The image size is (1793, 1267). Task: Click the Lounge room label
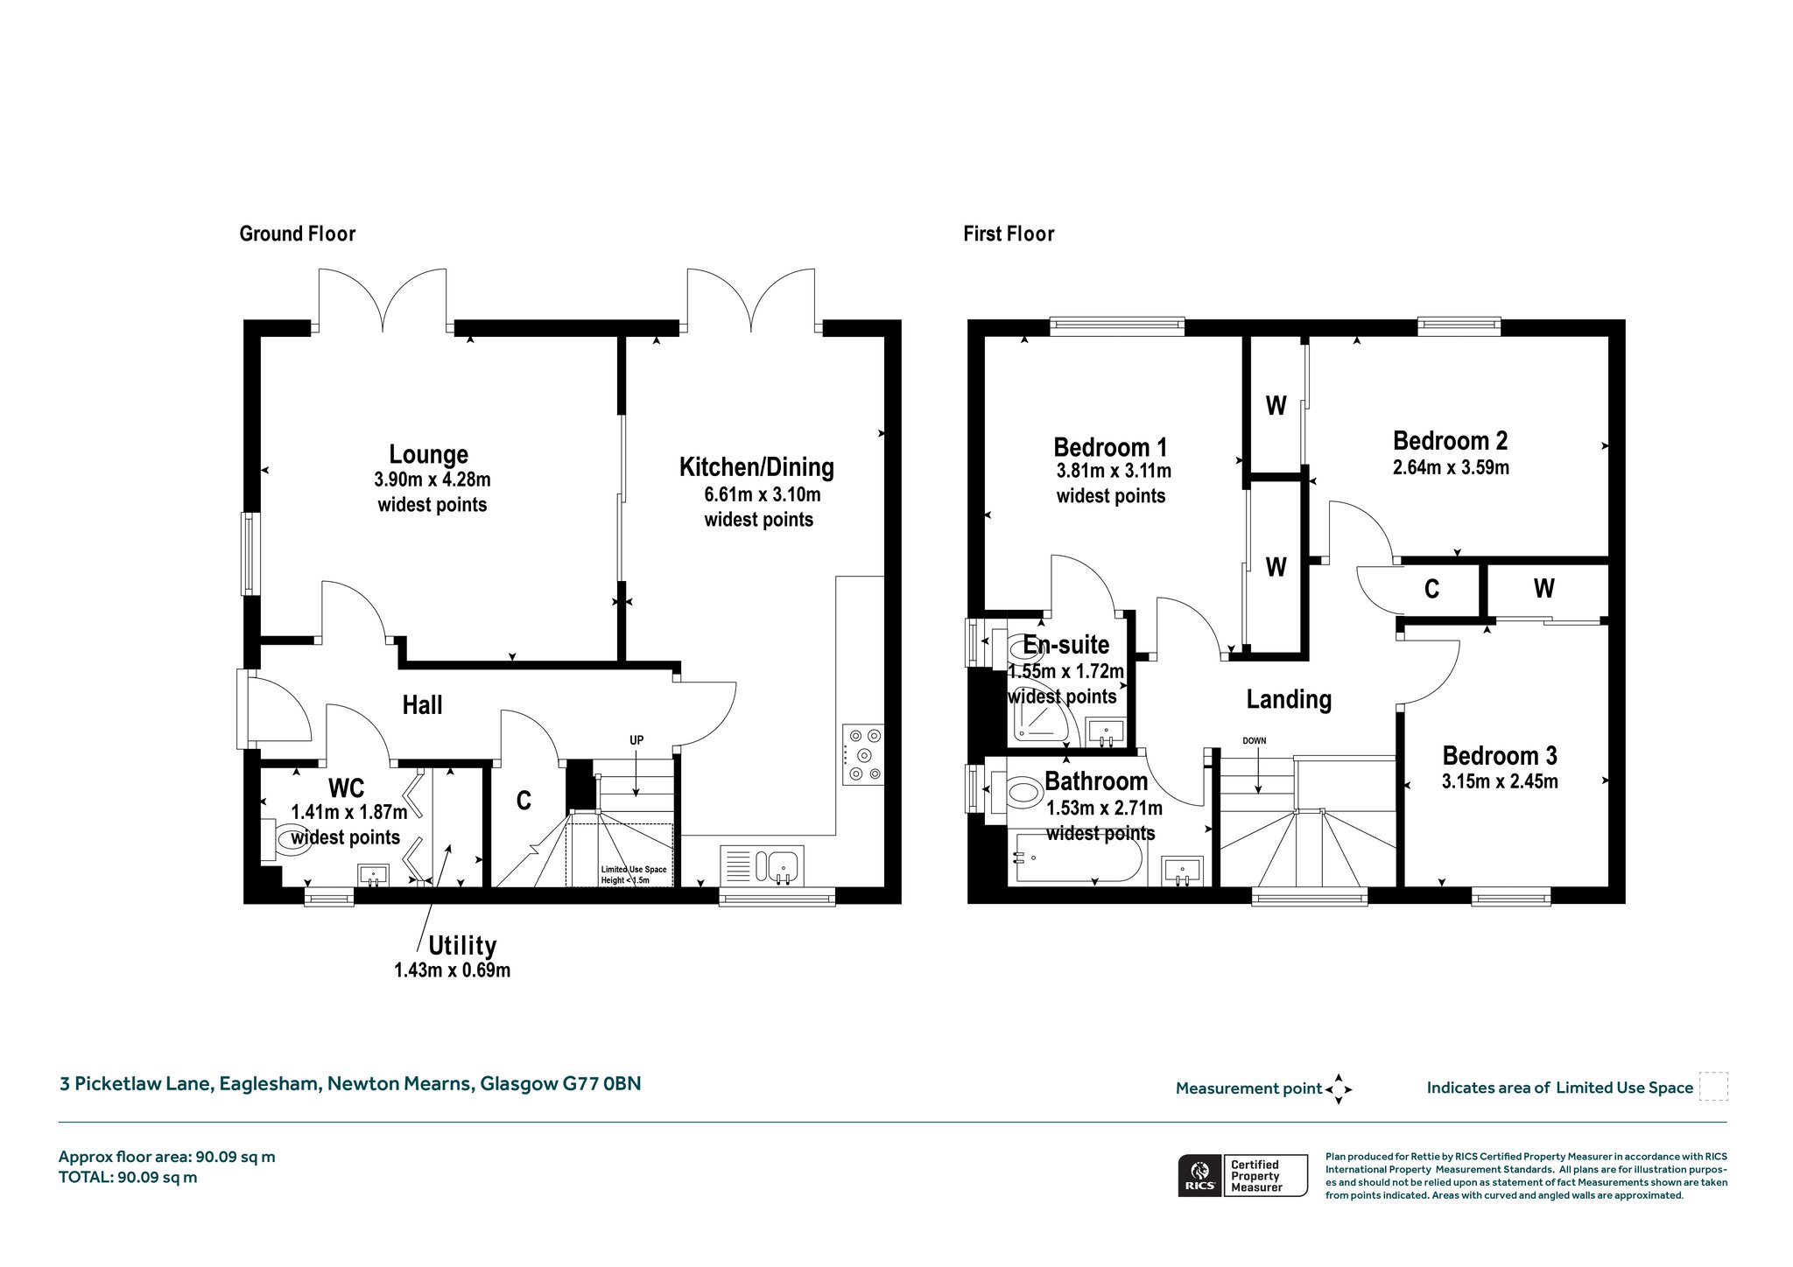(429, 454)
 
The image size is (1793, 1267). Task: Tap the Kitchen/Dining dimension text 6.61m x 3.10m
(763, 494)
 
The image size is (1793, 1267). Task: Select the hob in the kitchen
(863, 754)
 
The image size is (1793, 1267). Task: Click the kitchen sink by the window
(762, 865)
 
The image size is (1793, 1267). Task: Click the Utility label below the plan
(462, 946)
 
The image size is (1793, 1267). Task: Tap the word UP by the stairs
(636, 740)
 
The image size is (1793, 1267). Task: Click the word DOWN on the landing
(1254, 740)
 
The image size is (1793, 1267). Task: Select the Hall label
(422, 704)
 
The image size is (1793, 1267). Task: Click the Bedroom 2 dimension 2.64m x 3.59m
(1451, 467)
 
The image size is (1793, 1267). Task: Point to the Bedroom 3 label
(1500, 755)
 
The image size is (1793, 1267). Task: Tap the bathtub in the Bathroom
(1075, 859)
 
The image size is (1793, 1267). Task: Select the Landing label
(1289, 699)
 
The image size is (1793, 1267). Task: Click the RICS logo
(1199, 1175)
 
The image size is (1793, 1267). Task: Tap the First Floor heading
(1009, 234)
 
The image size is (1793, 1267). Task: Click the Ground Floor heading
(298, 234)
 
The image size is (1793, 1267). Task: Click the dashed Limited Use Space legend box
(1713, 1086)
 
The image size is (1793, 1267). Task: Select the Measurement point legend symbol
(1339, 1089)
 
